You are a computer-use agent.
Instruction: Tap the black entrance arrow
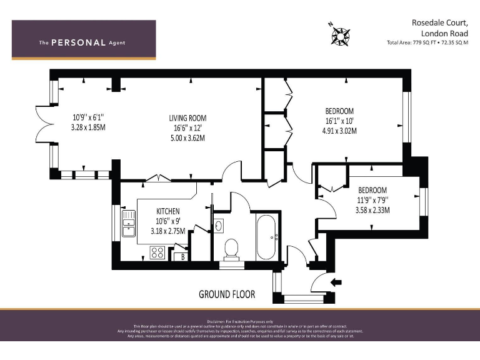coord(336,282)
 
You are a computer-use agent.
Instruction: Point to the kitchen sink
coord(129,224)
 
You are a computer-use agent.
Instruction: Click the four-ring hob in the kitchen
coord(157,253)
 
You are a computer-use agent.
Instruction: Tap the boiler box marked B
coord(182,256)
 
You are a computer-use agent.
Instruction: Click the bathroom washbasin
coord(219,226)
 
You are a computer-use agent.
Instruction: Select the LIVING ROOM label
coord(187,118)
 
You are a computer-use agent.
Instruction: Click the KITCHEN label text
coord(167,212)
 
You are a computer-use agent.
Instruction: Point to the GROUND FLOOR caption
coord(228,294)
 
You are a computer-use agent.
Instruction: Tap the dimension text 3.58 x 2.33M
coord(373,210)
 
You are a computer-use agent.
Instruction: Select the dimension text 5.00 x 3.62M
coord(187,137)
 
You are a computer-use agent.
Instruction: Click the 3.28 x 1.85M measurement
coord(88,127)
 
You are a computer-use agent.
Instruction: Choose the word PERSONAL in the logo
coord(78,42)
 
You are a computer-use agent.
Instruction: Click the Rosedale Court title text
coord(439,22)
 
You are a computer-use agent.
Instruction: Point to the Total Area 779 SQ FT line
coord(427,42)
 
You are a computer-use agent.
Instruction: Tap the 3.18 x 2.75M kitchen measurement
coord(167,231)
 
